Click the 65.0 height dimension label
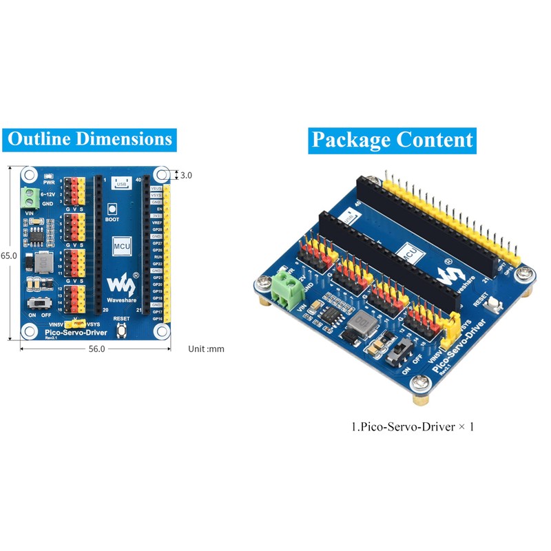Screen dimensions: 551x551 coord(8,255)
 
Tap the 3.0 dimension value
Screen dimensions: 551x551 coord(186,175)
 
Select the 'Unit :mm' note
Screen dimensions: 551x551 coord(206,349)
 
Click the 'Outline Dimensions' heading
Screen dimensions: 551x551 coord(90,138)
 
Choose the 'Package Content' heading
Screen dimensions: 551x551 coord(392,140)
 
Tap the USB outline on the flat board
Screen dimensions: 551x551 coord(122,184)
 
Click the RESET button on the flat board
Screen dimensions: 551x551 coord(122,331)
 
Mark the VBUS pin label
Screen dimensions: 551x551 coord(157,188)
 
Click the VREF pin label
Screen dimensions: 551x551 coord(157,222)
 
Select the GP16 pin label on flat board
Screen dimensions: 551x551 coord(157,319)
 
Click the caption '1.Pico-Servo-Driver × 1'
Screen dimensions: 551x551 coord(413,427)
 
